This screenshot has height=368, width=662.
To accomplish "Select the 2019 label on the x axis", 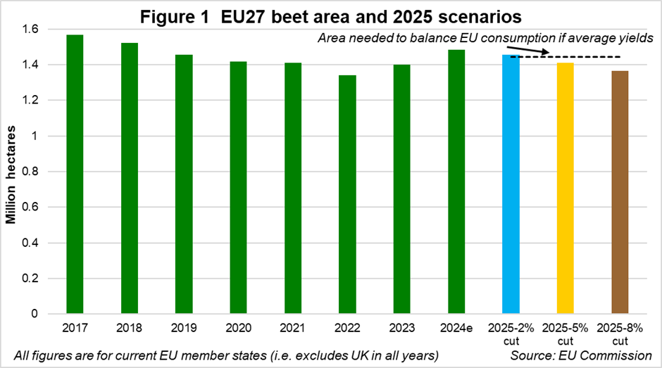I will (x=184, y=329).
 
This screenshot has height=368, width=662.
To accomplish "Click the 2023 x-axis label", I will (x=401, y=329).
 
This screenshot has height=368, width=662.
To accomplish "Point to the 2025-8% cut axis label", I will (x=620, y=335).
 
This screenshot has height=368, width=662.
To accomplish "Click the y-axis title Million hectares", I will (x=11, y=172).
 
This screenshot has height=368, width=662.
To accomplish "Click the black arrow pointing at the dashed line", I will (x=537, y=51).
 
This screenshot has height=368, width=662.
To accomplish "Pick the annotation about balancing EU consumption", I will (x=485, y=38).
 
